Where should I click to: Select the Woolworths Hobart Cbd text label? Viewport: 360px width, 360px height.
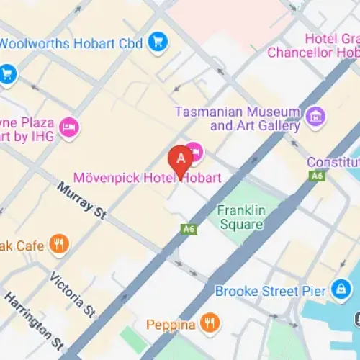click(72, 43)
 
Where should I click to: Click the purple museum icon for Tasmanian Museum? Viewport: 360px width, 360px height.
click(313, 115)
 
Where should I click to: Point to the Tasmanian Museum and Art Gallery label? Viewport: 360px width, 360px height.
click(238, 119)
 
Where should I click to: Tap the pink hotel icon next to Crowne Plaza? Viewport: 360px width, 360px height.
click(70, 127)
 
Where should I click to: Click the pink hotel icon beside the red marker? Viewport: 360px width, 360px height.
click(195, 153)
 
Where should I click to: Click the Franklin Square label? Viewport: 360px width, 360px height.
click(241, 217)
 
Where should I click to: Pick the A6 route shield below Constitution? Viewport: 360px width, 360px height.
click(316, 176)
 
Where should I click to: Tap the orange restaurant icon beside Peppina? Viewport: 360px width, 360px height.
click(210, 323)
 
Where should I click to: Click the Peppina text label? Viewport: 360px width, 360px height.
click(171, 325)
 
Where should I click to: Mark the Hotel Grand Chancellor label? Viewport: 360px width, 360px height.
click(314, 46)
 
